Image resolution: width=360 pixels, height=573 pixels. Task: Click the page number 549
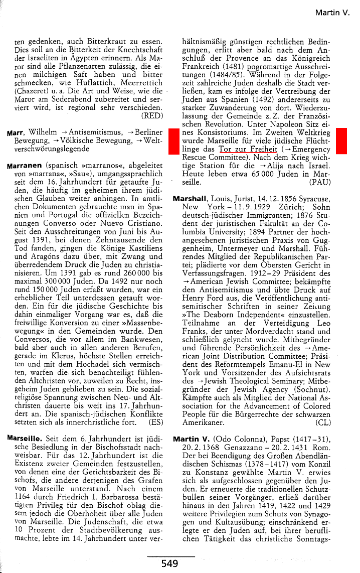point(169,564)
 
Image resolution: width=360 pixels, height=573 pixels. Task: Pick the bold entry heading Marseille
point(24,438)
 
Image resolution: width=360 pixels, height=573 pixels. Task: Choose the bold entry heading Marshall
point(191,199)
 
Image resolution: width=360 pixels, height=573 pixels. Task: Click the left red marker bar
point(173,141)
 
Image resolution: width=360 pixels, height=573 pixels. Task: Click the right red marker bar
point(341,141)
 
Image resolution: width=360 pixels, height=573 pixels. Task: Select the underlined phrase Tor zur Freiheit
point(248,150)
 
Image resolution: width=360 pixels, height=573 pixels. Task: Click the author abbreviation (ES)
point(156,423)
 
